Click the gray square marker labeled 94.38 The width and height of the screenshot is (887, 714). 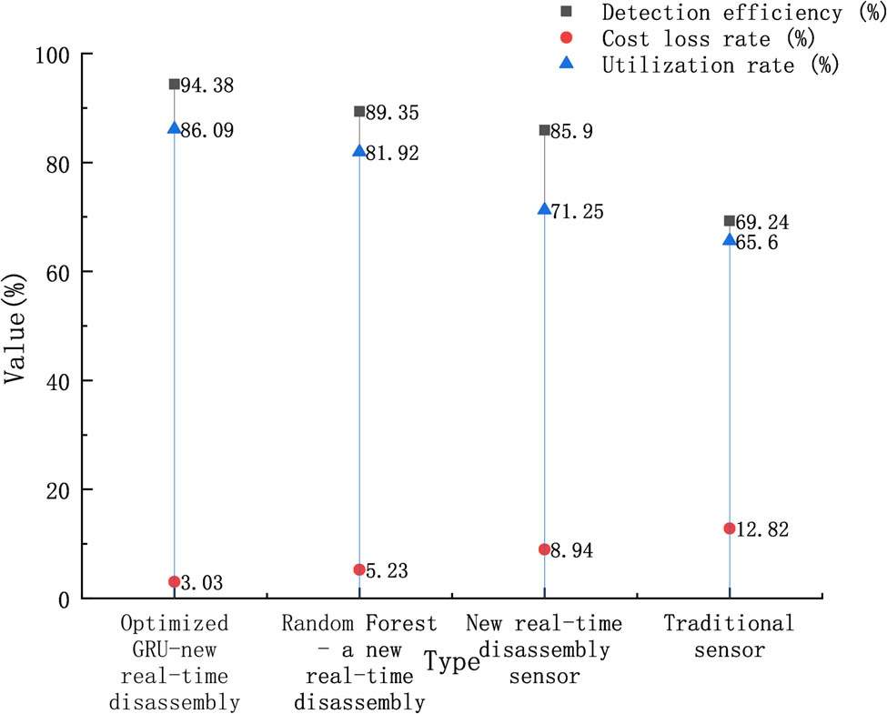click(175, 85)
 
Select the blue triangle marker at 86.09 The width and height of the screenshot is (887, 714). click(175, 128)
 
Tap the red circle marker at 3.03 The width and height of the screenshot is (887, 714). click(175, 582)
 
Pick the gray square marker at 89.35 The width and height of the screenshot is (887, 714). click(359, 112)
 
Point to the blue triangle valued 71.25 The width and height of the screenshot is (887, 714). click(544, 209)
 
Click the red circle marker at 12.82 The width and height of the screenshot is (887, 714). click(730, 528)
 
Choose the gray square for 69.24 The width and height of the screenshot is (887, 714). click(730, 221)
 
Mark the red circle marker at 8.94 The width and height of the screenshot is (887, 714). click(544, 549)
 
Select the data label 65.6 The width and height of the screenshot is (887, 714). click(758, 243)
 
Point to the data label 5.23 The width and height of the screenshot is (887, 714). click(388, 571)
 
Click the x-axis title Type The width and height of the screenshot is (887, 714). click(452, 662)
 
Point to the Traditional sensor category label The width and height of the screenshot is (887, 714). click(729, 637)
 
